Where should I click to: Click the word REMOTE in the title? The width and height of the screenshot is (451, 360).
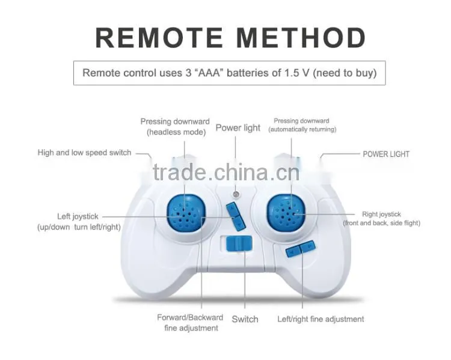[159, 38]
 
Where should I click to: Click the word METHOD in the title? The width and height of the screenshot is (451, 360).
[301, 38]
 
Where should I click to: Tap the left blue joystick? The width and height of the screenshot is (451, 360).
[186, 213]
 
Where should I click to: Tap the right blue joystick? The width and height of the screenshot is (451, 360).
[286, 213]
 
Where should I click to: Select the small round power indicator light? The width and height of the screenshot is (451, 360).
[236, 195]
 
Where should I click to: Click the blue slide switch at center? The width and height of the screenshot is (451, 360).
[239, 243]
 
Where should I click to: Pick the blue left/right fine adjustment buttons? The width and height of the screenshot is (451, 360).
[301, 249]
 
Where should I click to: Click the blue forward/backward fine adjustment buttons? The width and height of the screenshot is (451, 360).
[236, 216]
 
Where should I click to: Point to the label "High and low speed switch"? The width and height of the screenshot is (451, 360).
[84, 153]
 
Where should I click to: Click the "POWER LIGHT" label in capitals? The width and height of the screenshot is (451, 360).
[386, 154]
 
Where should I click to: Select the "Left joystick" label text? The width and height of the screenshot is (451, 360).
[78, 216]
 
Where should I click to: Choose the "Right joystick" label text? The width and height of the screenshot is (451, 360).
[381, 214]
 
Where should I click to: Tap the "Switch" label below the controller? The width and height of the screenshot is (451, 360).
[245, 319]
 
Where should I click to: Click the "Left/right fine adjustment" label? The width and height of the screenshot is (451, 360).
[321, 319]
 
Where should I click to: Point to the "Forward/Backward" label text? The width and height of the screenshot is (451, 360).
[190, 317]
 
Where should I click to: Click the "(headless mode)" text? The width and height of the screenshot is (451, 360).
[176, 132]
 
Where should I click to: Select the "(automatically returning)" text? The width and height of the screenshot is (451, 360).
[302, 129]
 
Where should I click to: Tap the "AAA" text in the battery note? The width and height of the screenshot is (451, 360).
[207, 73]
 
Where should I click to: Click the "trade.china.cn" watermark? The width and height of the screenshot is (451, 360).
[226, 172]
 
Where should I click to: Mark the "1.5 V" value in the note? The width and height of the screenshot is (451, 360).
[297, 73]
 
